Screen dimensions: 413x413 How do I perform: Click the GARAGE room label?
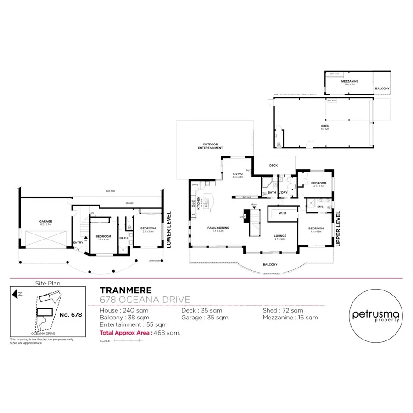45,221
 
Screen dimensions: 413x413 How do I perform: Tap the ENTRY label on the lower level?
78,242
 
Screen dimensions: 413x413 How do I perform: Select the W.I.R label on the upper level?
282,212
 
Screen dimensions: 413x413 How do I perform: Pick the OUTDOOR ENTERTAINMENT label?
210,146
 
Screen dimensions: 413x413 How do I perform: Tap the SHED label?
325,126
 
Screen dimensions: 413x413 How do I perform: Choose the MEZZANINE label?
349,81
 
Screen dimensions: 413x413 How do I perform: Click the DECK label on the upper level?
273,165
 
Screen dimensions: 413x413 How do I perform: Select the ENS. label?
321,206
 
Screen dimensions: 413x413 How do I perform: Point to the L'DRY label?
284,192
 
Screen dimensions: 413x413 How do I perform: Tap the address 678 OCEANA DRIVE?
145,300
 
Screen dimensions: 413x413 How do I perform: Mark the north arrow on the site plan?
17,292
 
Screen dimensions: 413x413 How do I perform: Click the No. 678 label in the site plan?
71,314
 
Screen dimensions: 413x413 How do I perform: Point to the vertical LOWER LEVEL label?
169,229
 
